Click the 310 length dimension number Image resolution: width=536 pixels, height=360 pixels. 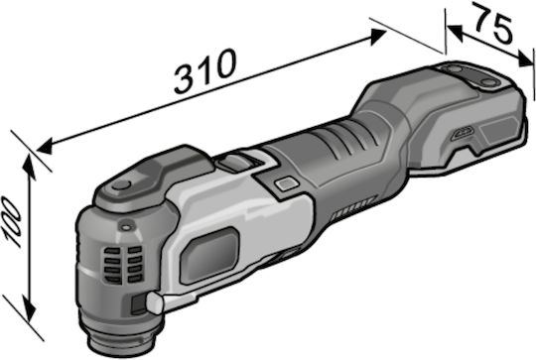(205, 71)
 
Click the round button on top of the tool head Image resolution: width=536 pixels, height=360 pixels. (121, 185)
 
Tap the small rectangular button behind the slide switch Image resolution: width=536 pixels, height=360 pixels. (287, 184)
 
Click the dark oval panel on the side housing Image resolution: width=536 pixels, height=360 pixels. (209, 256)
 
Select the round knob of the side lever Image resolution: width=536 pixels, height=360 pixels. (156, 303)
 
